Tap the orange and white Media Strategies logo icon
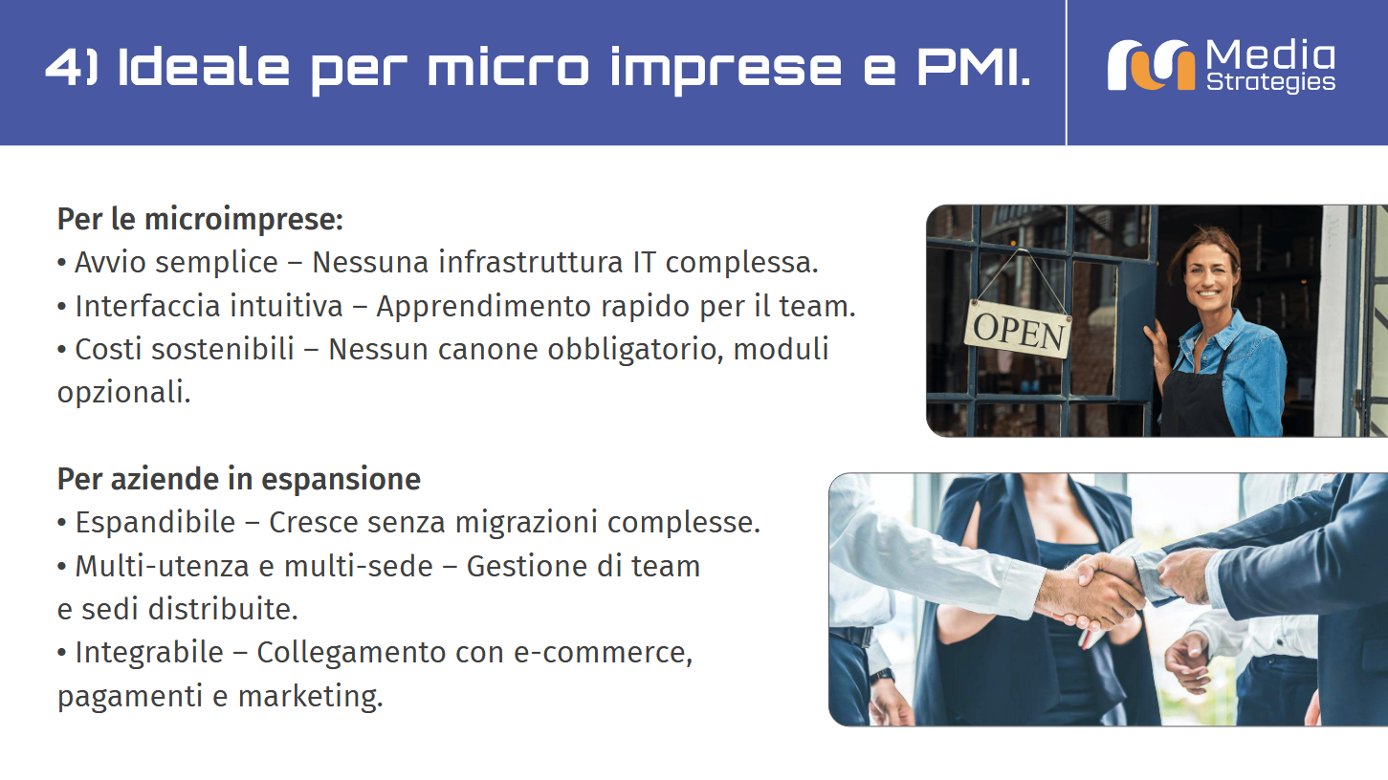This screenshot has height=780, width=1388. pyautogui.click(x=1151, y=66)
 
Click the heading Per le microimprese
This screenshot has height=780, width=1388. pyautogui.click(x=200, y=220)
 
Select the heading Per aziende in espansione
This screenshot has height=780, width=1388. pyautogui.click(x=239, y=479)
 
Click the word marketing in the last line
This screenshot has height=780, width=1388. pyautogui.click(x=310, y=697)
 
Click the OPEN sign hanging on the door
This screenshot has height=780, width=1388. pyautogui.click(x=1018, y=330)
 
